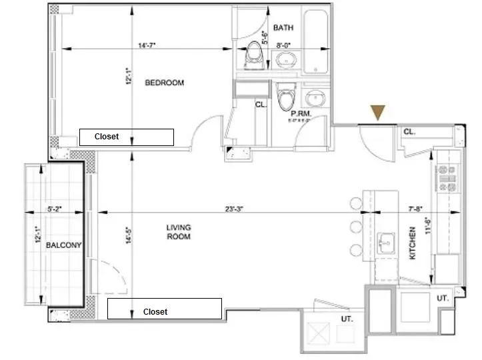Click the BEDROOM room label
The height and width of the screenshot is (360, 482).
click(x=164, y=83)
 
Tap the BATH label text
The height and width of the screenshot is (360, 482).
click(x=283, y=28)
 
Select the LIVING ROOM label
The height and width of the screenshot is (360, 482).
click(x=179, y=232)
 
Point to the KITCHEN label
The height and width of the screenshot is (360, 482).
click(x=412, y=243)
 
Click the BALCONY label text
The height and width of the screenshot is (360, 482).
click(x=63, y=245)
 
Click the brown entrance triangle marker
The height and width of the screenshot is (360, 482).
click(x=379, y=113)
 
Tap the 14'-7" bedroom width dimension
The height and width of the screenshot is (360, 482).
click(x=147, y=45)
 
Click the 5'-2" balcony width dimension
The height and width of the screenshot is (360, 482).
click(x=55, y=209)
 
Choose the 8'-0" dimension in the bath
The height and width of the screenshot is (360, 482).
click(x=283, y=45)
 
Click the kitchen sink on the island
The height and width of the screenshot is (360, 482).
click(x=386, y=243)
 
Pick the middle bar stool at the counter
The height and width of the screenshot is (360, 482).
click(x=355, y=227)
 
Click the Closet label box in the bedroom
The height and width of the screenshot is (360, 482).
click(x=127, y=137)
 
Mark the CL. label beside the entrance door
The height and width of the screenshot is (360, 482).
click(x=409, y=131)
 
